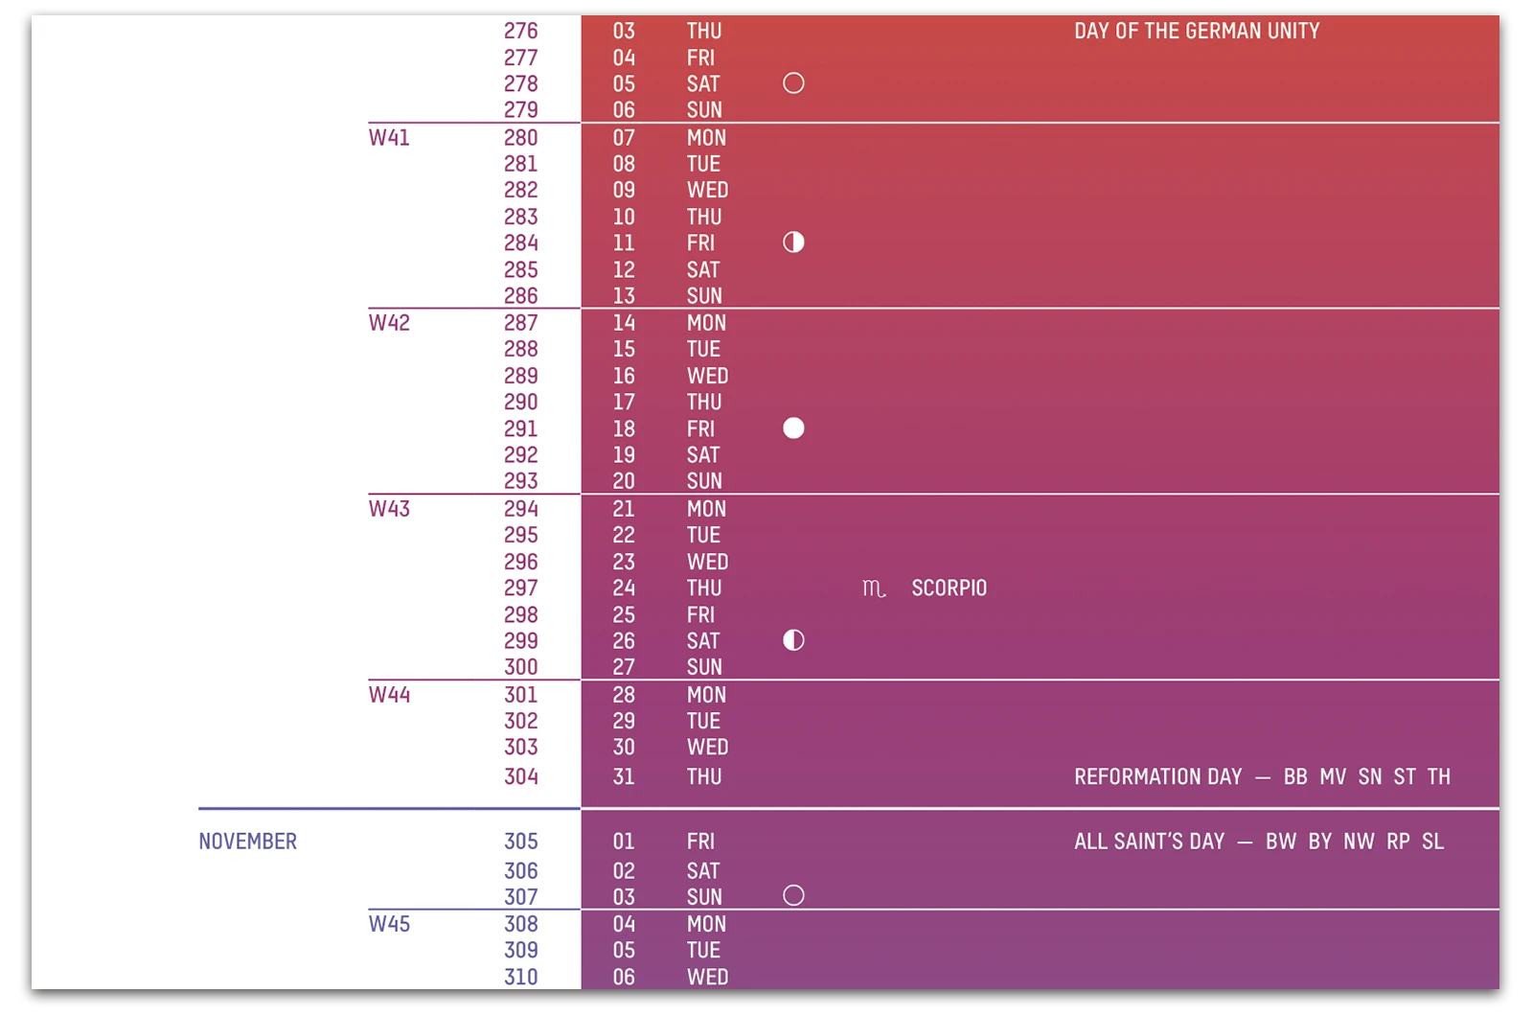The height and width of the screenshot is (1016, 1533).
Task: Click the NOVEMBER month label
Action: (247, 842)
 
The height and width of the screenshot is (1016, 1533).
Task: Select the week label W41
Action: (389, 138)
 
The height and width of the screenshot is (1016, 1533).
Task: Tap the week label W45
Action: (389, 924)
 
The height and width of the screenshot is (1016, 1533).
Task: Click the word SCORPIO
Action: (949, 589)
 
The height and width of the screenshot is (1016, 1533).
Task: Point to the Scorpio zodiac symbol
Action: (874, 589)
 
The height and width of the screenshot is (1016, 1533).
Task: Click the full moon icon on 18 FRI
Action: (793, 428)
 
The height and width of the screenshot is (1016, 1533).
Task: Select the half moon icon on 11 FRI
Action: (793, 242)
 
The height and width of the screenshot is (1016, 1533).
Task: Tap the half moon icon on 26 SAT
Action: (793, 640)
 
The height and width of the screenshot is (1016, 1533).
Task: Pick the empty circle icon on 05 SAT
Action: (793, 83)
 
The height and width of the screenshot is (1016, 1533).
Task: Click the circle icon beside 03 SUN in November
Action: (793, 896)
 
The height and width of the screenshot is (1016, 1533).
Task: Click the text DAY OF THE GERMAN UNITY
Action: (1197, 32)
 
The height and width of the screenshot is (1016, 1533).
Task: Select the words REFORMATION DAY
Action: (1157, 777)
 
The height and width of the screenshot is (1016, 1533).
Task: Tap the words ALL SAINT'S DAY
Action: (1149, 842)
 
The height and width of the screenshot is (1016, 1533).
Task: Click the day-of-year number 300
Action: (521, 667)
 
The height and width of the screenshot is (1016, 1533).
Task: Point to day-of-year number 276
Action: (521, 32)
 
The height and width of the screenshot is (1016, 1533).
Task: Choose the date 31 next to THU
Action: (624, 777)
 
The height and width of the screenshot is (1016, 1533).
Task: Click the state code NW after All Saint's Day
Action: (1359, 842)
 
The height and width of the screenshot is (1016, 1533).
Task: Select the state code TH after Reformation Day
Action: (1438, 777)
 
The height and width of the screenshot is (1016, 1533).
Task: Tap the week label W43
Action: (389, 509)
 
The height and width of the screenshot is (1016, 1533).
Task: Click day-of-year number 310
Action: (521, 977)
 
